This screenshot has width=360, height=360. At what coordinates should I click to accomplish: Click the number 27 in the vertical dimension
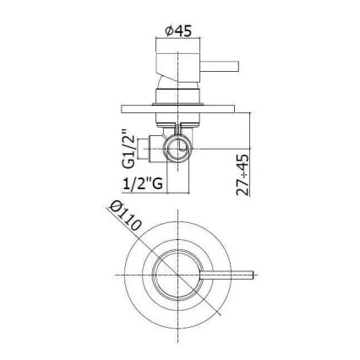coord(241,190)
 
